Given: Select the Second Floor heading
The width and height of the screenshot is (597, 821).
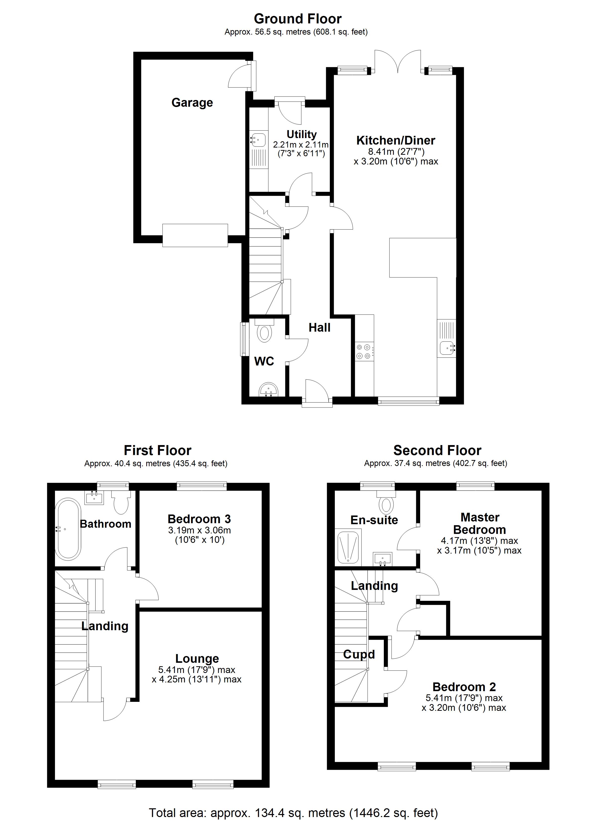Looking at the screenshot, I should click(x=437, y=450).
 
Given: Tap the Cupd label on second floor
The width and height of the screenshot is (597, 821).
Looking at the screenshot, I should click(x=359, y=654).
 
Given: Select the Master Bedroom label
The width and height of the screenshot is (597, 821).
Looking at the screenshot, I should click(x=479, y=523).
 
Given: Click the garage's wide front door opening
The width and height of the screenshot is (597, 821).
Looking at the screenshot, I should click(x=195, y=235).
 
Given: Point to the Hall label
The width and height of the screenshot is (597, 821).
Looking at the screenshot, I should click(x=319, y=328).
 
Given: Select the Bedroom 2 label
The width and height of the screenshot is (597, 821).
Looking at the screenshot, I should click(x=464, y=687).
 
